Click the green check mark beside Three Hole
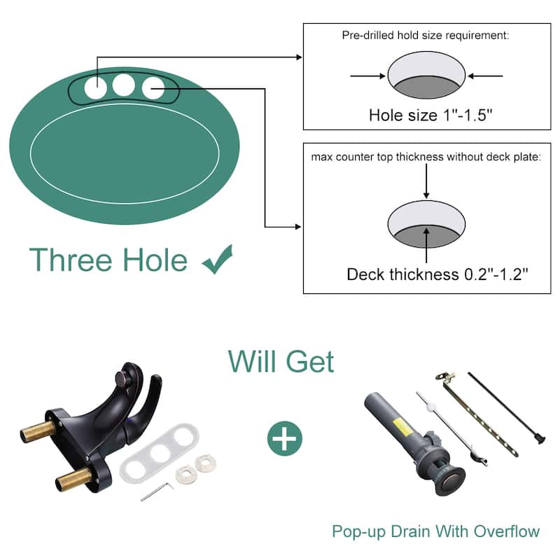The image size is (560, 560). click(217, 260)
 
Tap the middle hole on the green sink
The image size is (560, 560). click(124, 85)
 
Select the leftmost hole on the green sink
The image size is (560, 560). click(94, 88)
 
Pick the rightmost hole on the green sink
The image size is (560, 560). click(153, 88)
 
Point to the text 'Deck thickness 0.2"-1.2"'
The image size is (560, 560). click(437, 274)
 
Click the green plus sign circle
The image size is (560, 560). click(284, 439)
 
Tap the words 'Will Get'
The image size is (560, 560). click(281, 362)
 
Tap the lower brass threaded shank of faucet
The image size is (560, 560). click(73, 479)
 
